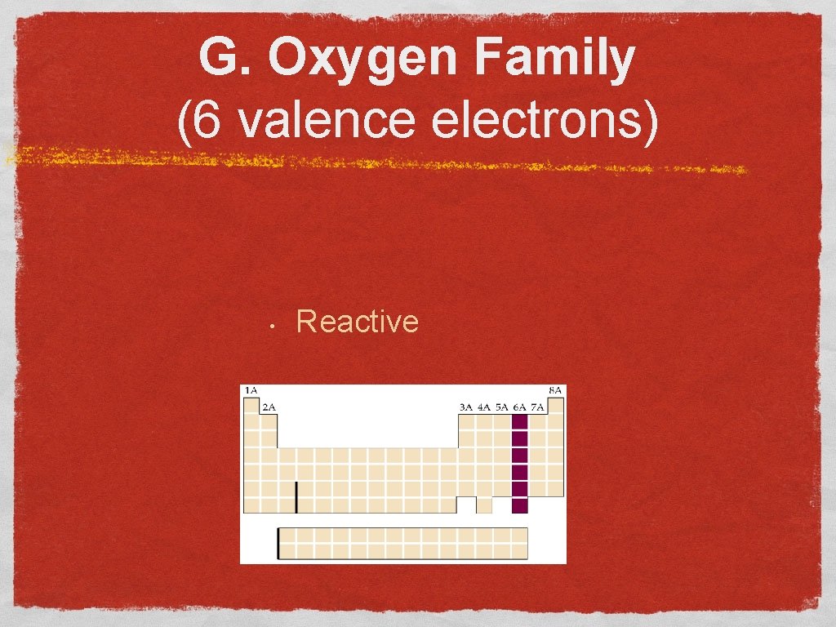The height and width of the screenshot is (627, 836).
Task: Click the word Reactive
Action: tap(358, 322)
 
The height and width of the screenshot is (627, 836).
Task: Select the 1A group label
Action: tap(251, 391)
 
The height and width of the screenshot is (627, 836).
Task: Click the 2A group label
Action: tap(269, 407)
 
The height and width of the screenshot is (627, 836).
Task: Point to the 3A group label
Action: tap(466, 407)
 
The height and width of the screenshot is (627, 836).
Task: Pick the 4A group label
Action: tap(484, 407)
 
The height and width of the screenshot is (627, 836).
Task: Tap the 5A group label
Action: tap(502, 407)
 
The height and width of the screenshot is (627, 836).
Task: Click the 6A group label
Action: tap(519, 407)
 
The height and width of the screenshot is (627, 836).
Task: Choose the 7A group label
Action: tap(537, 407)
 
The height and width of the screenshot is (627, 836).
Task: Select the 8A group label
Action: tap(555, 391)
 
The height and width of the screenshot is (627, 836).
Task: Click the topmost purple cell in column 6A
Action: tap(519, 422)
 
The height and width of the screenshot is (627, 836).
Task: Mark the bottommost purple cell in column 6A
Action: tap(519, 505)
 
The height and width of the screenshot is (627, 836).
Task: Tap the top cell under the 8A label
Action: tap(555, 406)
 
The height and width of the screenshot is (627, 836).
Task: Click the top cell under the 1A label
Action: tap(251, 406)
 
